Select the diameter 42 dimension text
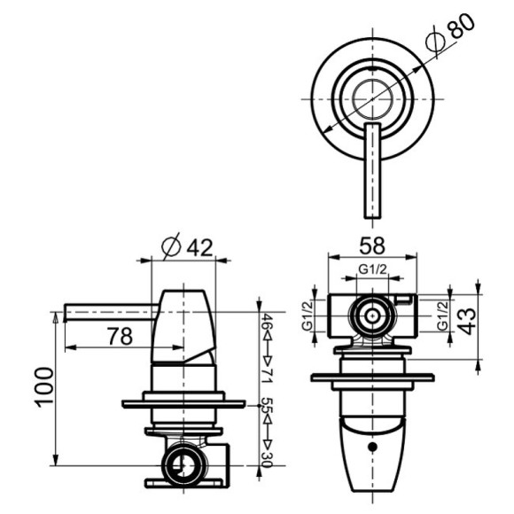(190, 247)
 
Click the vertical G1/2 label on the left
(308, 315)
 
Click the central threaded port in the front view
(372, 314)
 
